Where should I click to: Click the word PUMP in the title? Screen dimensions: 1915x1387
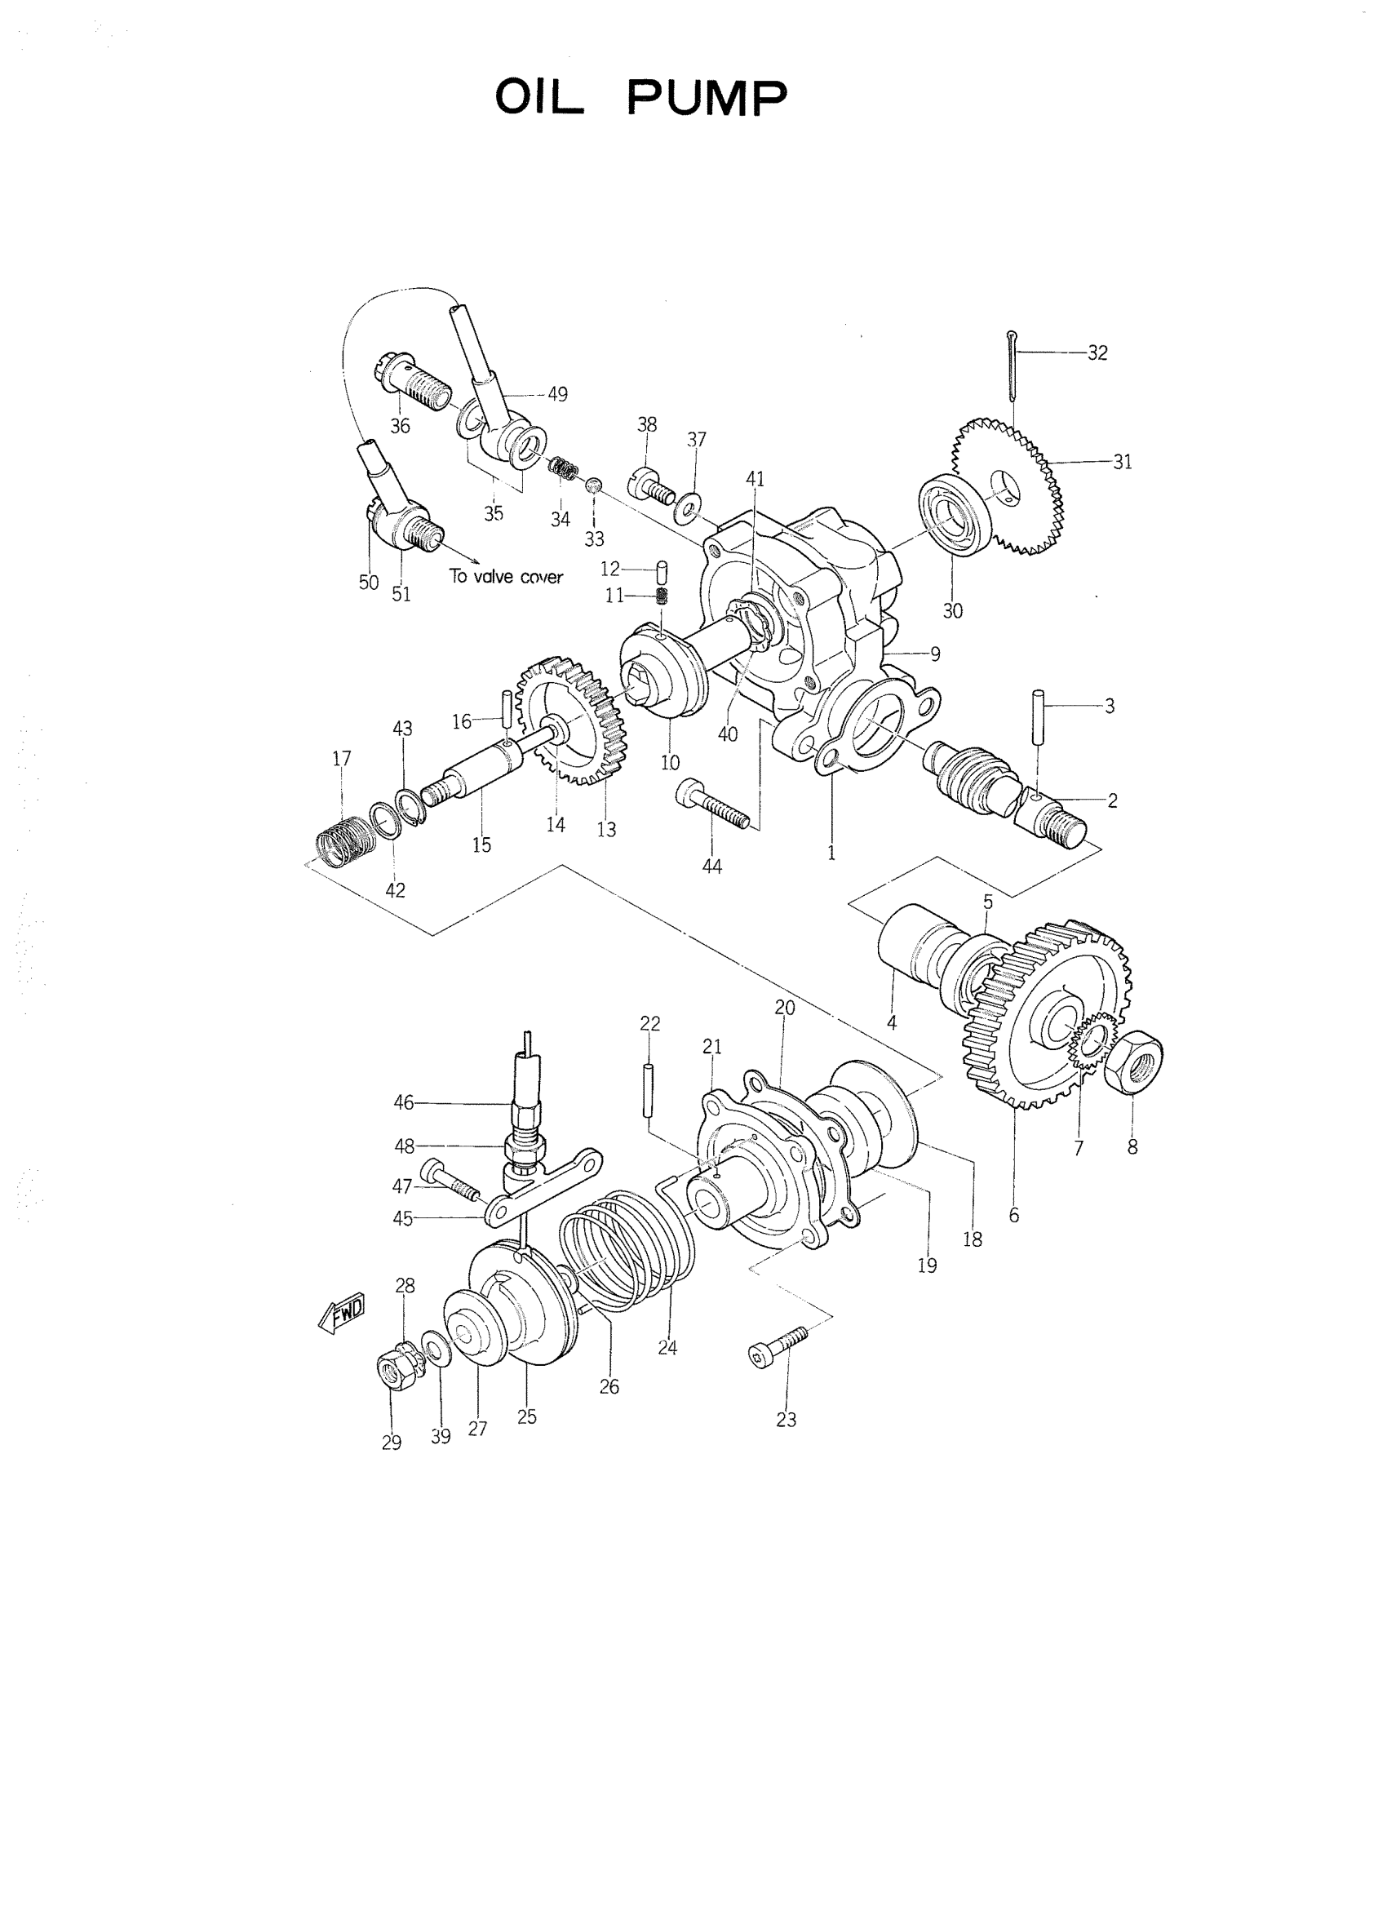707,99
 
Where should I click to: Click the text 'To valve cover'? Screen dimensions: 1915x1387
506,577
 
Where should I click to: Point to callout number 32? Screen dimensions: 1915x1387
1097,353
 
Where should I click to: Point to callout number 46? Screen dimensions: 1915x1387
404,1102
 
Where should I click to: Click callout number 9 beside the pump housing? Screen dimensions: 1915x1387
934,654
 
